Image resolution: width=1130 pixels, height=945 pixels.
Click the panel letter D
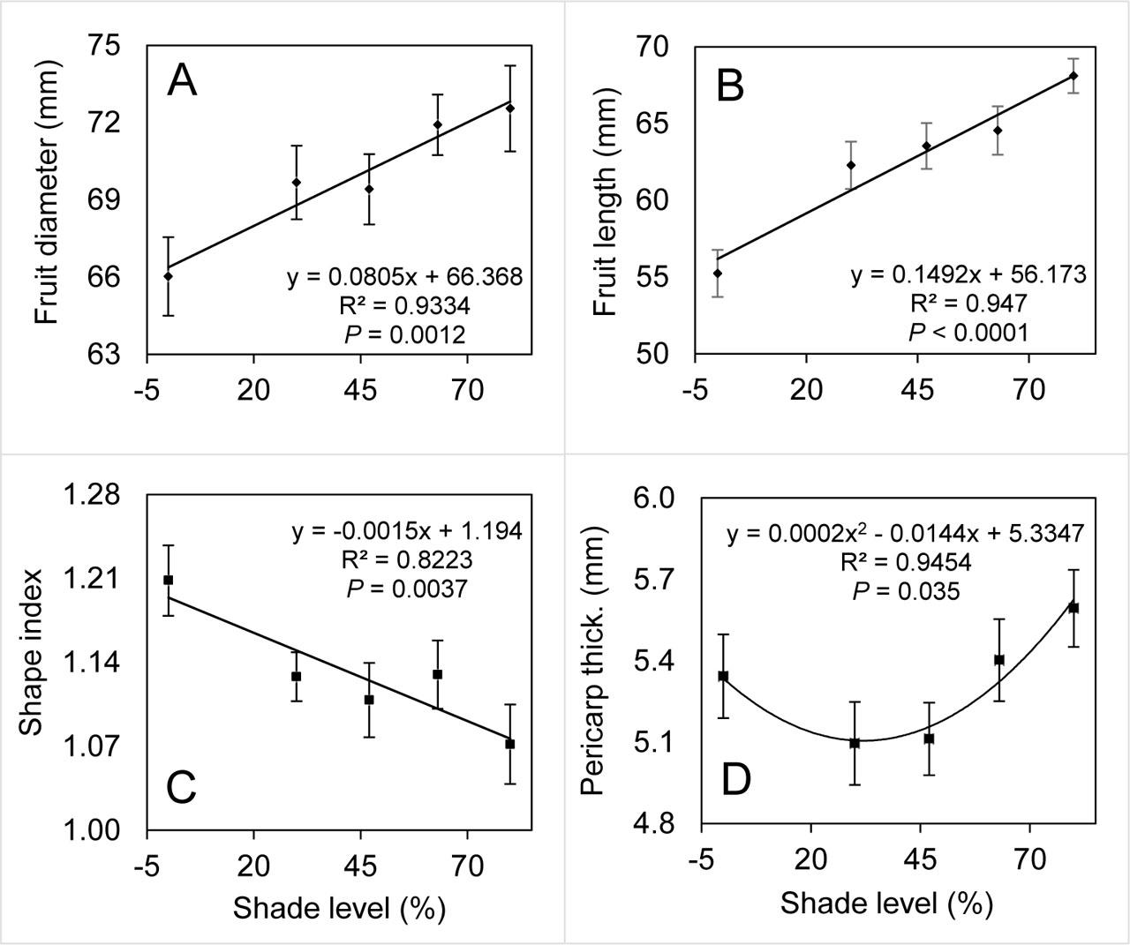coord(736,780)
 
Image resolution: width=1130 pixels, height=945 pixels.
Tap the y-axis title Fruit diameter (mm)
coord(48,199)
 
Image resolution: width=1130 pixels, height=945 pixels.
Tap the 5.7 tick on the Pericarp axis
coord(654,580)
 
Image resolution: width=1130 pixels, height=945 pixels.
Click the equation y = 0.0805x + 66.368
coord(405,277)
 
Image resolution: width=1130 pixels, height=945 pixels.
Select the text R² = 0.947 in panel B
coord(968,304)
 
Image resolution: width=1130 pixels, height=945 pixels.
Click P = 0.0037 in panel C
coord(406,589)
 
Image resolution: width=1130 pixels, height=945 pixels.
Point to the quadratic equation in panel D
coord(905,533)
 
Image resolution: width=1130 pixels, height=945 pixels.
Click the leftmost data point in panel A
coord(168,276)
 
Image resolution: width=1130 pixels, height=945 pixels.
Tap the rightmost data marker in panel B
coord(1073,76)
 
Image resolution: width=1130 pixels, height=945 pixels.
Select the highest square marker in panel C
coord(168,580)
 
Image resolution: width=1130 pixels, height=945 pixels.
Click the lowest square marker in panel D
coord(854,743)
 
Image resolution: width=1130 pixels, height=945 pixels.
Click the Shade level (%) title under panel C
coord(338,908)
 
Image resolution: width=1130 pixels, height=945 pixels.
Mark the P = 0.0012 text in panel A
coord(403,334)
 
